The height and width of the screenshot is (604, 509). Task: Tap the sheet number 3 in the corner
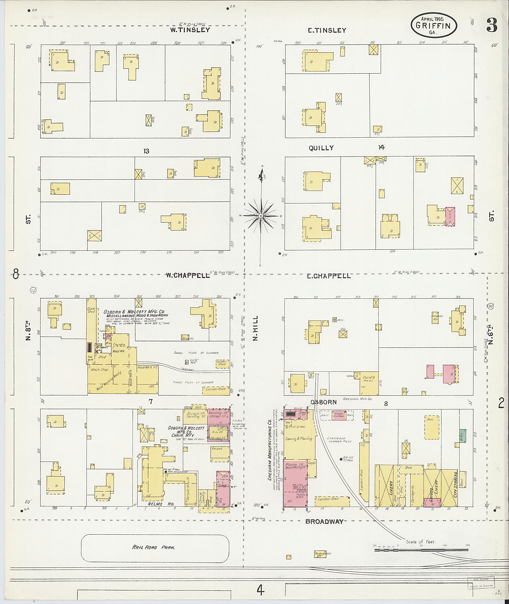pos(492,25)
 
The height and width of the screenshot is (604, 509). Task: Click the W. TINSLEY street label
pos(190,30)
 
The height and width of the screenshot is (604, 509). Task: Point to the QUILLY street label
pos(321,148)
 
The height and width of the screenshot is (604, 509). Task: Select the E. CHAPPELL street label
pos(328,276)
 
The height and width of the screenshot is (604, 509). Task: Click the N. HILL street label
pos(255,328)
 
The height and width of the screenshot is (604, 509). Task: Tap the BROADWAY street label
pos(324,521)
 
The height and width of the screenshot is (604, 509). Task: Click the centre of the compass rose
pos(260,216)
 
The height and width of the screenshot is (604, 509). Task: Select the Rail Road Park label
pos(154,547)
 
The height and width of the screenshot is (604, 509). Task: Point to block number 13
pos(146,151)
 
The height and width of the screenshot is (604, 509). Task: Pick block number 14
pos(381,147)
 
